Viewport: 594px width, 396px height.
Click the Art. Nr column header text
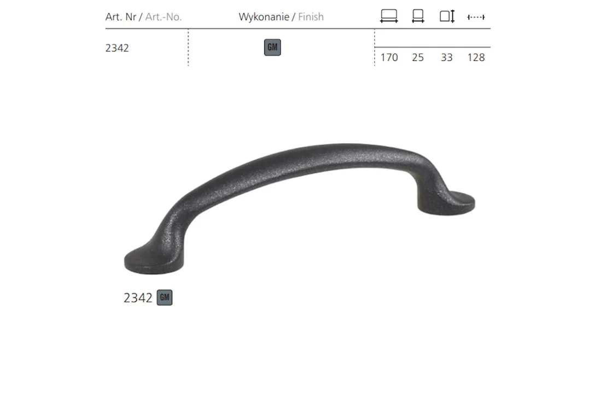120,17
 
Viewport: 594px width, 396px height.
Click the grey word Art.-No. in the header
164,17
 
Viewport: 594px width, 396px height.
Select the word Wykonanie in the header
264,17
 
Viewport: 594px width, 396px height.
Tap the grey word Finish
311,17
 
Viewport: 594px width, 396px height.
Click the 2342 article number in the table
117,48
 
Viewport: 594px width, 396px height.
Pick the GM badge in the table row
272,48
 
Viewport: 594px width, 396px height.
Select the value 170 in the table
389,57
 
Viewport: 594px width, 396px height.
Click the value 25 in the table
418,57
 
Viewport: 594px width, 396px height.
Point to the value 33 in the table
447,57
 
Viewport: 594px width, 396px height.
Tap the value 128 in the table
476,57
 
